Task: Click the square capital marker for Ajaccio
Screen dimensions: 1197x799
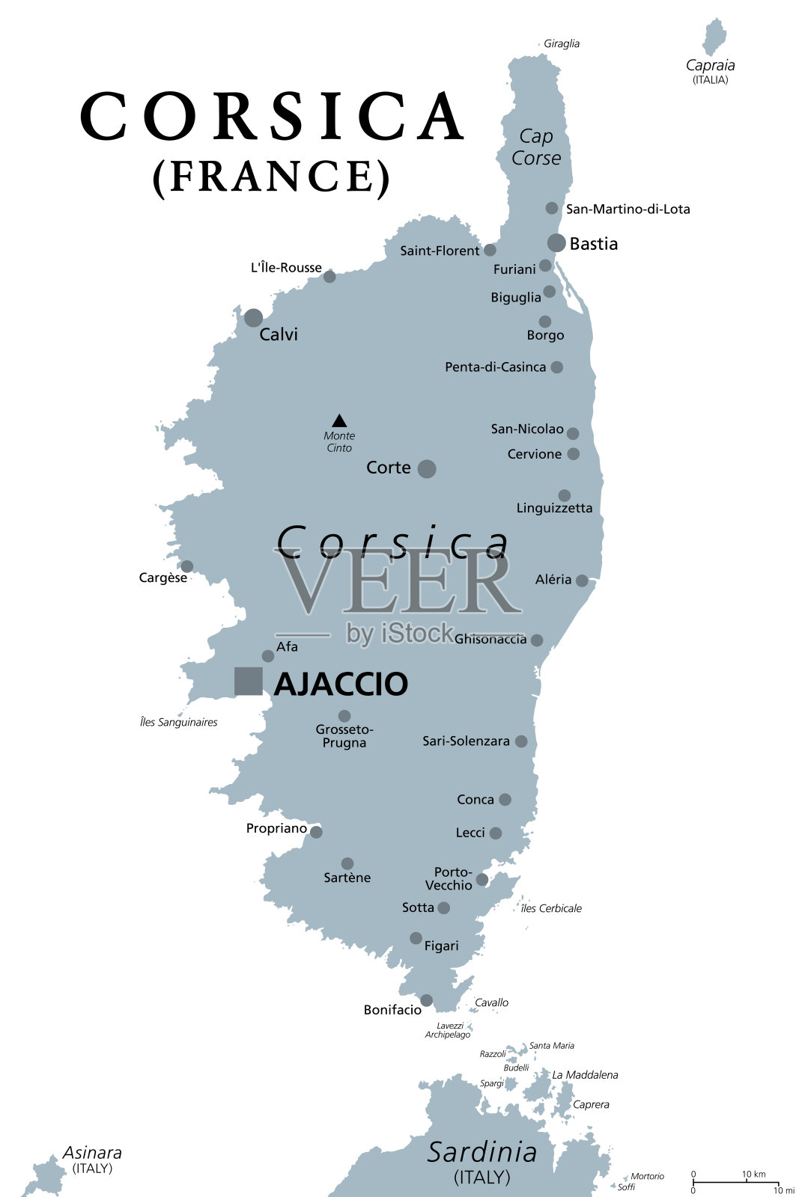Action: coord(248,682)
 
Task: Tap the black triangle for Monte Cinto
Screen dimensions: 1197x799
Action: coord(339,421)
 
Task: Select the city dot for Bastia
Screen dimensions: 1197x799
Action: coord(556,242)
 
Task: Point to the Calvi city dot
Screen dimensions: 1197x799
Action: coord(253,318)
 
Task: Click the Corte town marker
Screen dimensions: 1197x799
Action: coord(427,469)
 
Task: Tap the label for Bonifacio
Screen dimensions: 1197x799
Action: coord(392,1010)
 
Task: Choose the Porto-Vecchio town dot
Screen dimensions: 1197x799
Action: coord(482,880)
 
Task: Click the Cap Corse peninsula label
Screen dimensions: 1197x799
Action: coord(536,147)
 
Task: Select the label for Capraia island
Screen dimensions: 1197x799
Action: coord(710,66)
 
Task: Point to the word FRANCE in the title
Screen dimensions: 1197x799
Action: coord(271,177)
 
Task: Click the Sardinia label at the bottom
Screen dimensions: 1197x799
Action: coord(482,1153)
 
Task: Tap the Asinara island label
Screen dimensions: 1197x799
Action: coord(92,1153)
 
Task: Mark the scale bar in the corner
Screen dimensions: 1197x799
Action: coord(735,1183)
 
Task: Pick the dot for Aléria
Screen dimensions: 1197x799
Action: coord(582,581)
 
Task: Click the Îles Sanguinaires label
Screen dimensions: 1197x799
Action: coord(178,723)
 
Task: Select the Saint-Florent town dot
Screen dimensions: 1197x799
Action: coord(490,250)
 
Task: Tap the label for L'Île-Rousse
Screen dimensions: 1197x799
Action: coord(286,268)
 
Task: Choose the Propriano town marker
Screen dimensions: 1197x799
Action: coord(316,832)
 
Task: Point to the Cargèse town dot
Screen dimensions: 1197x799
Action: coord(187,566)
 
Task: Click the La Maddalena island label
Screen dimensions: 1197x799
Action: coord(585,1075)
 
